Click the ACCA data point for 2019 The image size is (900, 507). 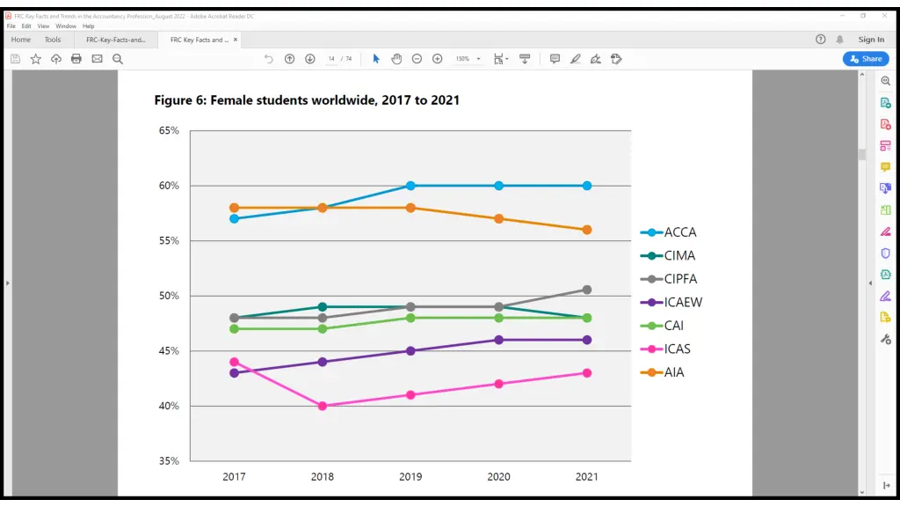[410, 186]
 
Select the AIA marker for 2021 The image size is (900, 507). [586, 230]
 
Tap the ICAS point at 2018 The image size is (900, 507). [323, 406]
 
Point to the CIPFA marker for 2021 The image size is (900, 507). [586, 290]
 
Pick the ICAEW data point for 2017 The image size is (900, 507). [234, 373]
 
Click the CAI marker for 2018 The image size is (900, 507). [323, 328]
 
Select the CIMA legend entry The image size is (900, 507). [679, 255]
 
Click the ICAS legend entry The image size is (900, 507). [677, 349]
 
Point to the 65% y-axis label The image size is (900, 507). [169, 130]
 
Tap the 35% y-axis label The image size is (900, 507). [169, 460]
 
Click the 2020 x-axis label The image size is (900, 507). [498, 476]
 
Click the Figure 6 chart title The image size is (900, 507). [307, 100]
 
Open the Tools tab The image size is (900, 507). [53, 40]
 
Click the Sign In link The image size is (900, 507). [871, 40]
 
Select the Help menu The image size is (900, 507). [89, 26]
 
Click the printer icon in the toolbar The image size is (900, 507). [76, 59]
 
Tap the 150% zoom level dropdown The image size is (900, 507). [467, 59]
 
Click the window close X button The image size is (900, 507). [883, 16]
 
